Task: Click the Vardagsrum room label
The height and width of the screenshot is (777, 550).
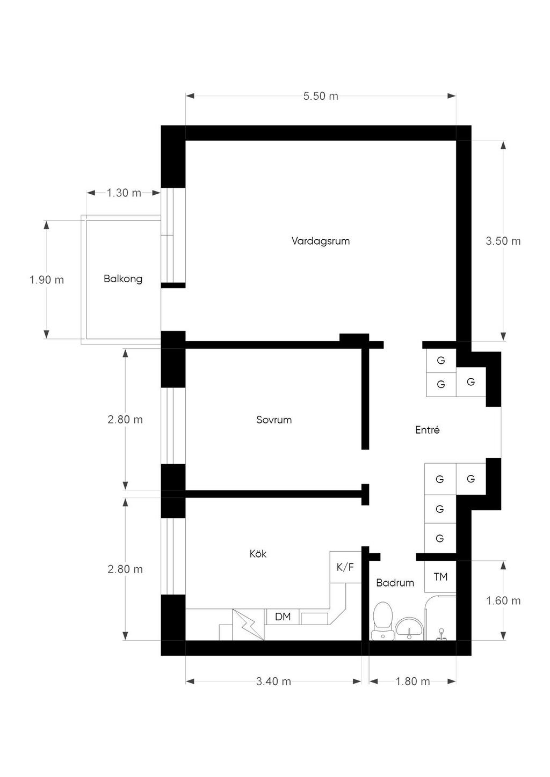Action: point(321,241)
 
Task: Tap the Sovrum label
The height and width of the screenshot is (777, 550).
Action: point(274,420)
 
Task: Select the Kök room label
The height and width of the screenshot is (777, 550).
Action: point(258,553)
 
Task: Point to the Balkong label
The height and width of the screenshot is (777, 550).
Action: point(123,279)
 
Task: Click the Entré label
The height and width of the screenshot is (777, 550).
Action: point(428,430)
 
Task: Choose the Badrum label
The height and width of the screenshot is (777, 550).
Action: point(395,583)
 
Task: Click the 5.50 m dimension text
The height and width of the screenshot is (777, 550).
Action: point(321,96)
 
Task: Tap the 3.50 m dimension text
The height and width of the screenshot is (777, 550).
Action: point(503,241)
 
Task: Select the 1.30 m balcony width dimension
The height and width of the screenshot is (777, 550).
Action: point(124,193)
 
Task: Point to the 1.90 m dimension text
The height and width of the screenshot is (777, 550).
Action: point(47,280)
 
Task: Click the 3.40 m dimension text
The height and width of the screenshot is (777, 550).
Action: point(273,681)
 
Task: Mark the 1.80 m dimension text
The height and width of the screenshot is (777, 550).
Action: point(413,681)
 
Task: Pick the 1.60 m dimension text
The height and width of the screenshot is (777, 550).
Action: point(503,600)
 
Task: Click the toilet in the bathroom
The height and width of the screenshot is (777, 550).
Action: point(382,621)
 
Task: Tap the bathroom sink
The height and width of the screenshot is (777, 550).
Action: point(409,628)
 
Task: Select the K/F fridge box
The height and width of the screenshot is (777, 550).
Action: point(345,567)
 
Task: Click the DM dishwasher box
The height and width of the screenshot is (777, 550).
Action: point(283,617)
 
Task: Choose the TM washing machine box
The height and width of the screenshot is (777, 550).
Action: point(440,576)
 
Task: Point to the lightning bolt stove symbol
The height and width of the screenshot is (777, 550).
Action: point(248,625)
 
